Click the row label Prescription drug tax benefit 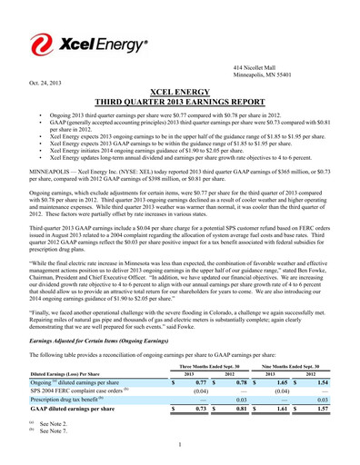click(74, 401)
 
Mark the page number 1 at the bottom click(180, 445)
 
